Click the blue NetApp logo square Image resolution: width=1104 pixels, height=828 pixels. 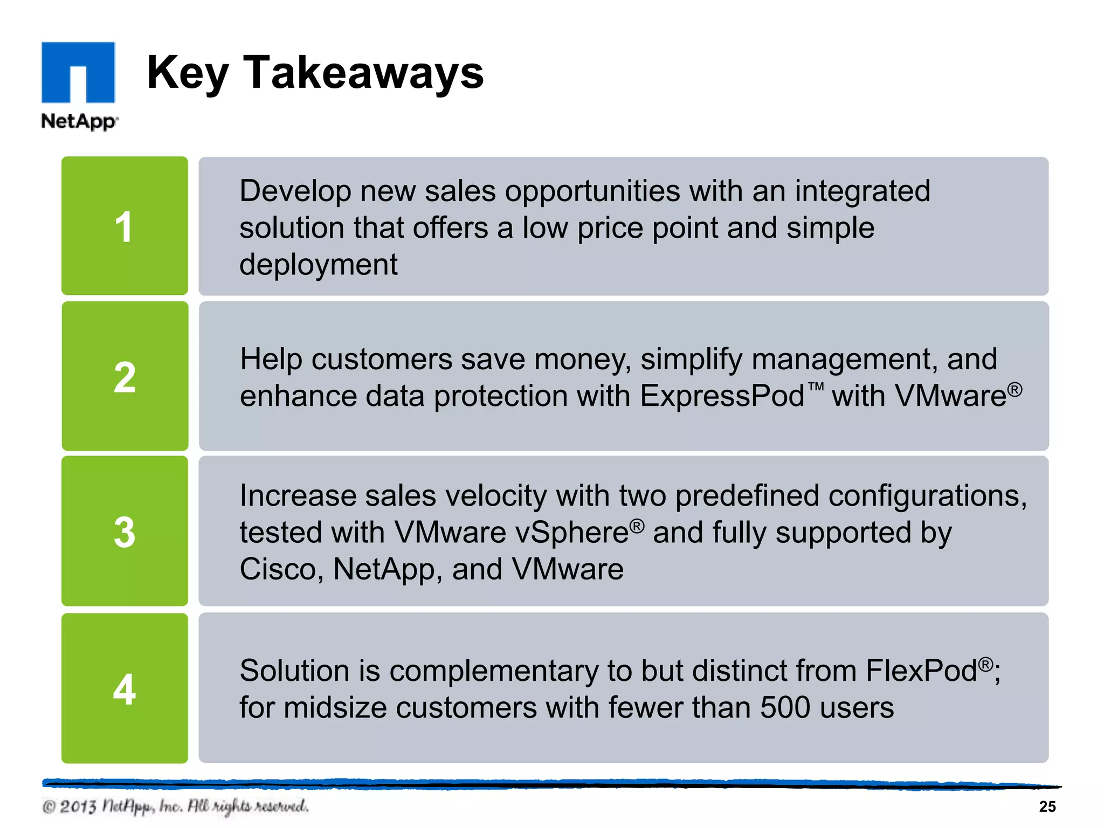(78, 72)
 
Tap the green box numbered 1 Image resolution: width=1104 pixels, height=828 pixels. (125, 226)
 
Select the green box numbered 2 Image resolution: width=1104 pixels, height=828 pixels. (125, 376)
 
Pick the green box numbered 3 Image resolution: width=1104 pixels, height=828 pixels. (125, 532)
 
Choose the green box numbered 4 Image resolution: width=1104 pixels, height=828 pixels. (125, 688)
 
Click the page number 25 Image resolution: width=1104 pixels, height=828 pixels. (1047, 806)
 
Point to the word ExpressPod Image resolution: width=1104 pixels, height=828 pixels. (722, 396)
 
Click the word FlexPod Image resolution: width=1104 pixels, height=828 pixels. (922, 671)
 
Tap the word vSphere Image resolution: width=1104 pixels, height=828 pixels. (572, 533)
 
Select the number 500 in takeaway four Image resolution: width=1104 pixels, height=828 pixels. (785, 708)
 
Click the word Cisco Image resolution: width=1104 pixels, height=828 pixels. (281, 569)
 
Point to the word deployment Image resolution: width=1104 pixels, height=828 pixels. (318, 265)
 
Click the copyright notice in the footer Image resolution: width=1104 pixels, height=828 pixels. (175, 806)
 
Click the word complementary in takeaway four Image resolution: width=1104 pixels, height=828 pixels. (494, 671)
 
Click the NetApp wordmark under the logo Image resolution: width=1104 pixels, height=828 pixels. (79, 121)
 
